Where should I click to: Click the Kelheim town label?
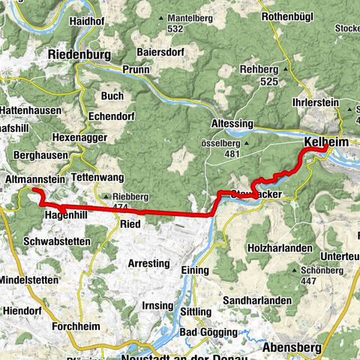point(325,142)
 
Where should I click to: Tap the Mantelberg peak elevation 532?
point(176,28)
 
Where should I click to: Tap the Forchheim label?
point(78,326)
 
